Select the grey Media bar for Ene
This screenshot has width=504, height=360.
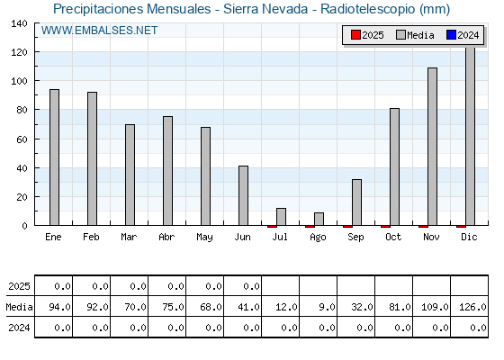[x=54, y=157]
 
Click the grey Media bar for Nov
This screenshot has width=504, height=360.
[x=432, y=147]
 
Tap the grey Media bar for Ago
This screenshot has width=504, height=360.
[x=319, y=219]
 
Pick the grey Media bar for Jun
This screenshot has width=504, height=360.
[x=243, y=195]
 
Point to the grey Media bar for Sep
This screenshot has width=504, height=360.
[x=356, y=202]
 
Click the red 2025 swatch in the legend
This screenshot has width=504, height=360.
[x=355, y=35]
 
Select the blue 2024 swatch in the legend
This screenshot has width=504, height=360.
[x=451, y=35]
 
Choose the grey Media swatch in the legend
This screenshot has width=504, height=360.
[x=400, y=35]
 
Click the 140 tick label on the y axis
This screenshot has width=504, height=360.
[x=19, y=23]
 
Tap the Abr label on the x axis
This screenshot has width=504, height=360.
[x=166, y=238]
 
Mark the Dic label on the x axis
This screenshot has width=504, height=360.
[x=469, y=238]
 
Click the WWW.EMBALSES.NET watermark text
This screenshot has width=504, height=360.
[x=99, y=31]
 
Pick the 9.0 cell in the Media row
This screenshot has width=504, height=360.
[x=327, y=307]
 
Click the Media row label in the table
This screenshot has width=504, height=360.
[x=19, y=307]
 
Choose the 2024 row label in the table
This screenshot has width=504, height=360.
[x=19, y=328]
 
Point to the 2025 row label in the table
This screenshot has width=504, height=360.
[x=19, y=286]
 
